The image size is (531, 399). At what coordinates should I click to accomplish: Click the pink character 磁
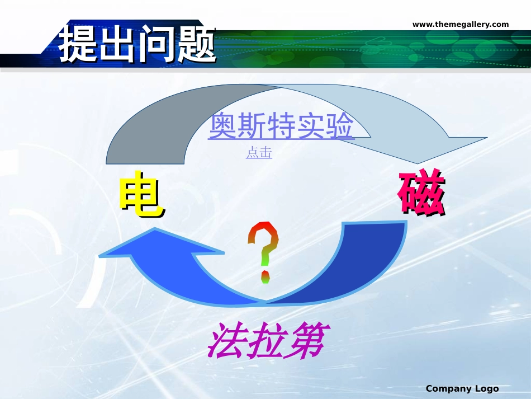coord(421,193)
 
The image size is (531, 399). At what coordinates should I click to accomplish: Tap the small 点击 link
coord(259,153)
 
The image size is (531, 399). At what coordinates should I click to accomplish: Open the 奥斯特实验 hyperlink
coord(281,127)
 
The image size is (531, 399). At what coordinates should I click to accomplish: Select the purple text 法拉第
coord(265,340)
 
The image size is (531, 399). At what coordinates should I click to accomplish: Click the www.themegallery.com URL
coord(461,24)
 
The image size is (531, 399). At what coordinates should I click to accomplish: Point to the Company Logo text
coord(462,388)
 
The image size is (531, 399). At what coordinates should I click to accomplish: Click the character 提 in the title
coord(78,43)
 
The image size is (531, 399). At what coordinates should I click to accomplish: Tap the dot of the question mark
coord(265,276)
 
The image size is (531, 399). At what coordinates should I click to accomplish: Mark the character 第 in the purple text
coord(305,340)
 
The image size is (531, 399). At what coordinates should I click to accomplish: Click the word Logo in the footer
coord(486,388)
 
